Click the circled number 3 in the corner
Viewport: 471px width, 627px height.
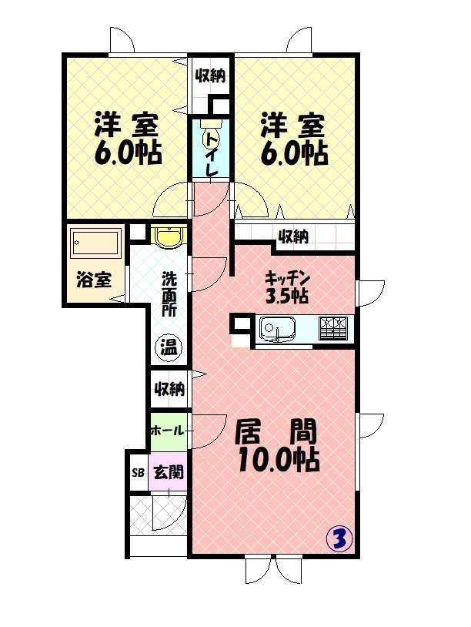point(339,538)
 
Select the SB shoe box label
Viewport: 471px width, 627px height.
point(139,472)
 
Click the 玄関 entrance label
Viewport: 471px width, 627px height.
point(168,471)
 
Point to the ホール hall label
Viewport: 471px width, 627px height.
point(167,429)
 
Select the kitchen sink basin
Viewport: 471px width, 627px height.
point(275,330)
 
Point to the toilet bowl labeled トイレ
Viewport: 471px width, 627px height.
point(211,139)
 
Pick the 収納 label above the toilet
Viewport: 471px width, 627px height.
point(210,75)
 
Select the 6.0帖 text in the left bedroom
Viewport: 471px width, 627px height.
point(128,153)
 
